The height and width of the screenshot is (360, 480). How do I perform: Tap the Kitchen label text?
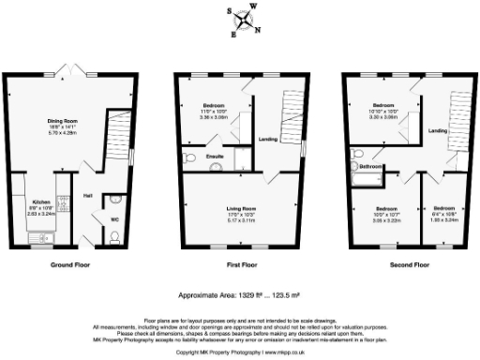[x=41, y=202]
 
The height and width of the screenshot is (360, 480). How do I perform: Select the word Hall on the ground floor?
[x=87, y=195]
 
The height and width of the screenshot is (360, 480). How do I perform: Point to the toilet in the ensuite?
[x=189, y=157]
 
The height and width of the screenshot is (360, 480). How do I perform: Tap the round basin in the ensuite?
[x=215, y=168]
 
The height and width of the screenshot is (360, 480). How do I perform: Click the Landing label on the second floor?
[x=437, y=131]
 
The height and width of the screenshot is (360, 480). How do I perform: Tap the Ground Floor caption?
[x=70, y=265]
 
